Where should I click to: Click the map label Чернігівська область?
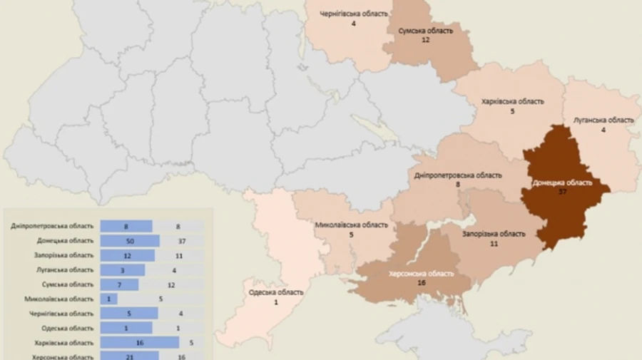click(354, 14)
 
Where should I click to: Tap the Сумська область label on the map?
click(425, 31)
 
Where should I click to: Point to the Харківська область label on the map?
click(513, 101)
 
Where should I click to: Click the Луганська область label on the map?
click(603, 120)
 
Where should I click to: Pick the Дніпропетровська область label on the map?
click(458, 175)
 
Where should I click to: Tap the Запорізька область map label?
click(494, 234)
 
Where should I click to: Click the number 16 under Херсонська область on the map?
click(421, 283)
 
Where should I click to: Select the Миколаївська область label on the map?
click(352, 225)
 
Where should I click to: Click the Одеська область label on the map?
click(276, 292)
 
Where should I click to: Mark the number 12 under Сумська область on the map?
click(425, 40)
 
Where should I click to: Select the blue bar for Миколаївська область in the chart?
click(109, 299)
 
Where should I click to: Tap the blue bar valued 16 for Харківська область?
click(140, 342)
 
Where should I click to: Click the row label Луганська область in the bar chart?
click(63, 270)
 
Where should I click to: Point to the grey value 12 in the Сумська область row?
click(181, 284)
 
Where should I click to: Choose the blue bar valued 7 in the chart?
click(119, 284)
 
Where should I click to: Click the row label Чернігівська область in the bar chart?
click(61, 314)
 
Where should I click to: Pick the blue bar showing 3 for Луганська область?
click(122, 270)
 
